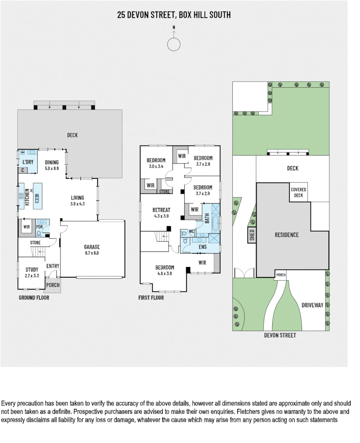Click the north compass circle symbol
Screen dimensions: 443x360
(174, 44)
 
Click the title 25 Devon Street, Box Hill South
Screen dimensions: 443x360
(174, 15)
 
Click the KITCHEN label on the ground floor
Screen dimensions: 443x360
(27, 196)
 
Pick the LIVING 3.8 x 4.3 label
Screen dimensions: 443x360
(77, 201)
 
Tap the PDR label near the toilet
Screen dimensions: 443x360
(40, 226)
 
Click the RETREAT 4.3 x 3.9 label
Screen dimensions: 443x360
(161, 212)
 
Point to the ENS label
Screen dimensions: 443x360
(203, 247)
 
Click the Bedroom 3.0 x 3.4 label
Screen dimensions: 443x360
(156, 163)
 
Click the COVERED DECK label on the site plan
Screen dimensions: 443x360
(298, 192)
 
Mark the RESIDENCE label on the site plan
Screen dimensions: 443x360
(287, 235)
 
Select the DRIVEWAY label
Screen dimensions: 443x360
(312, 305)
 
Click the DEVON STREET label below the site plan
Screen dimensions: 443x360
(280, 335)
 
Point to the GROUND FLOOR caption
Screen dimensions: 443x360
(34, 297)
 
